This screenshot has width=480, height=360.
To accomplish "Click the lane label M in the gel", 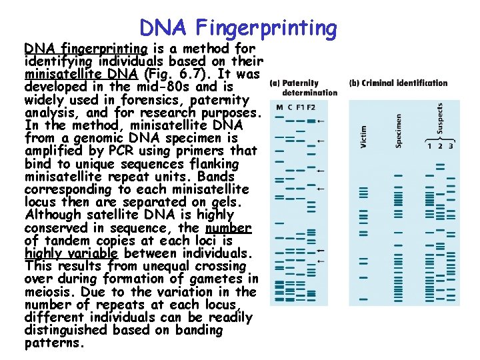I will (x=279, y=107).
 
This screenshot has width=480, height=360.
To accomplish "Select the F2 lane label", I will (x=311, y=107).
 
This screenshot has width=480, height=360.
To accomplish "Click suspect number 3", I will (x=451, y=146).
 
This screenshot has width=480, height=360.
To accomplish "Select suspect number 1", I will (x=430, y=146).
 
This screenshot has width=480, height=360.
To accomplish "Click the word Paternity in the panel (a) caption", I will (x=301, y=83).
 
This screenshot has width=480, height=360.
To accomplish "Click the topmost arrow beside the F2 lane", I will (x=321, y=121).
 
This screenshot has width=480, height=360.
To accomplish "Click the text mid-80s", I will (x=170, y=87).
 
